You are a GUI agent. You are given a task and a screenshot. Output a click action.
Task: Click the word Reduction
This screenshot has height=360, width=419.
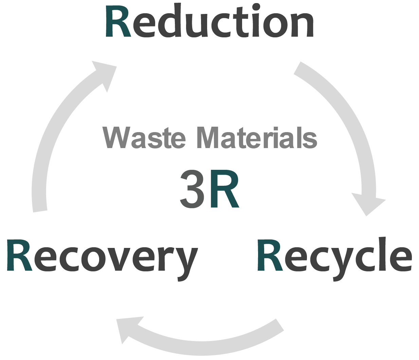point(209,22)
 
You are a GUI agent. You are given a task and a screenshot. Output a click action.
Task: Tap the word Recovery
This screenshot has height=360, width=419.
point(102,256)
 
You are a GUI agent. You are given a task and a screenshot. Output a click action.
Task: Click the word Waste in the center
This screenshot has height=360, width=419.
point(144,138)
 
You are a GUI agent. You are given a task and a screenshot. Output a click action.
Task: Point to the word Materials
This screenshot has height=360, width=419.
point(257,138)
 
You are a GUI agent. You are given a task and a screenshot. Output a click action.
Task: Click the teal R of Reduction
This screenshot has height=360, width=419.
point(118,22)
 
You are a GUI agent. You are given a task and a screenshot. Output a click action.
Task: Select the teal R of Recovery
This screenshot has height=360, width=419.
point(19,256)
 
